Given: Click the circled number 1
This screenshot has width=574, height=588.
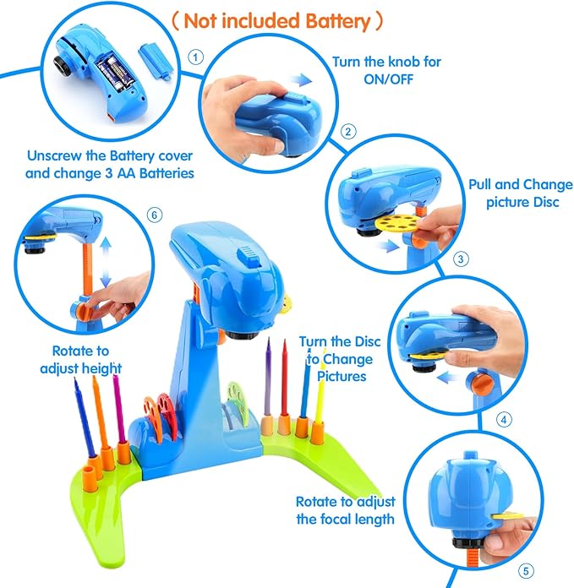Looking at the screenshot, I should [196, 57].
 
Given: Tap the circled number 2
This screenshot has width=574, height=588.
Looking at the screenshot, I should [347, 132].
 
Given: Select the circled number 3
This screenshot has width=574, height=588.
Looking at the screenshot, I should [460, 259].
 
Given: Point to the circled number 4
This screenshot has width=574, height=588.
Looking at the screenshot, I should [504, 417].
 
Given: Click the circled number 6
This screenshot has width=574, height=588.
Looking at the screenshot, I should [154, 215].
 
